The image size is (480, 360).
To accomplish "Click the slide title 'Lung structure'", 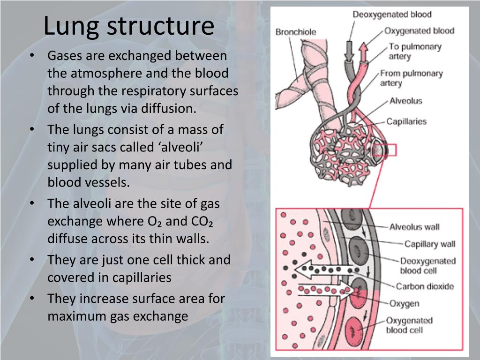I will click(128, 27).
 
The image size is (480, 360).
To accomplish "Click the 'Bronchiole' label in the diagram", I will click(296, 32).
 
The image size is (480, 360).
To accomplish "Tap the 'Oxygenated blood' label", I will click(419, 31).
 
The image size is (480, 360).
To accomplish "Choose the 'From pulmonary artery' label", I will click(411, 78).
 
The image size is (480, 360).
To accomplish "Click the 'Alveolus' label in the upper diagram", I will click(405, 101).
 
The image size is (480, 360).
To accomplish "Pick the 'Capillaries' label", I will click(406, 121).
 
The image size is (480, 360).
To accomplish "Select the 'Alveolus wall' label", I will click(414, 227).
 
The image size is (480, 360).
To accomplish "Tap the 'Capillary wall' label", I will click(430, 244).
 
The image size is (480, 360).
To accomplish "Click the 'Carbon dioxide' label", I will click(425, 286).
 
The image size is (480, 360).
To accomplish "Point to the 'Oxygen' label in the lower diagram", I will click(404, 304).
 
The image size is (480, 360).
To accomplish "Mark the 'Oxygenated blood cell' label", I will click(409, 325).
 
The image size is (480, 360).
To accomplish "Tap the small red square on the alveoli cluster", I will click(390, 150).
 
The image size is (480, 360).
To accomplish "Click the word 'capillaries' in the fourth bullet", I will click(142, 277).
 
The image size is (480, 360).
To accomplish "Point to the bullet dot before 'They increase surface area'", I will click(32, 298).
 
